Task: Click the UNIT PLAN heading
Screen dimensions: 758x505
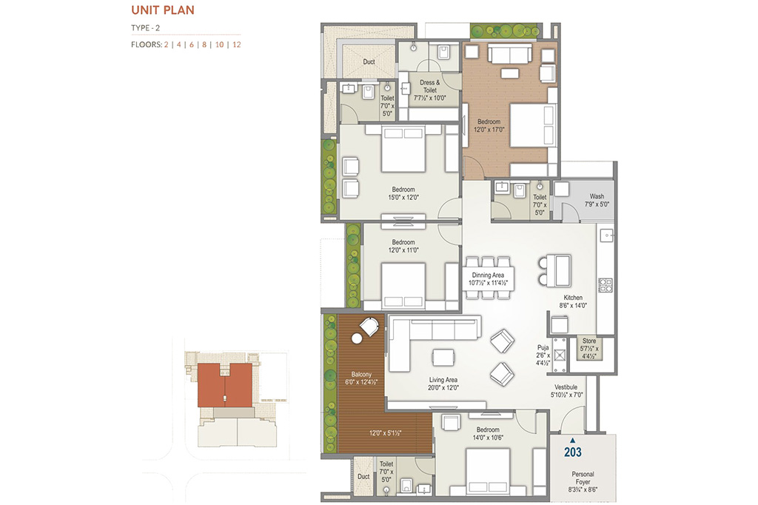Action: (163, 10)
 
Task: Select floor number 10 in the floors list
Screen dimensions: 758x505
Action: (219, 44)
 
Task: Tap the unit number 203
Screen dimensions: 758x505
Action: (573, 452)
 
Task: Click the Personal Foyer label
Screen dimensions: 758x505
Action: (583, 478)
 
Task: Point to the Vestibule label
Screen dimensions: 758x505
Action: (566, 387)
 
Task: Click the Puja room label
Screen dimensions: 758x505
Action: (543, 348)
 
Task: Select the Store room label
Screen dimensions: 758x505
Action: (588, 341)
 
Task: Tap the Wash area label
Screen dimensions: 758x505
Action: (597, 196)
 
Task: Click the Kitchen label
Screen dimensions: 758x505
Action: (573, 298)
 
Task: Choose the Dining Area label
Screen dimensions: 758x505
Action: (488, 275)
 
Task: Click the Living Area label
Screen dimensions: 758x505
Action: (443, 380)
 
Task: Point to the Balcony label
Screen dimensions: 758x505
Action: (361, 375)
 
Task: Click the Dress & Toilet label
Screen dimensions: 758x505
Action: (430, 86)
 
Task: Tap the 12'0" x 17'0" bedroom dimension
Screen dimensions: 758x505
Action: (489, 130)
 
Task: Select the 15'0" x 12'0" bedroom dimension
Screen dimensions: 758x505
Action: (403, 198)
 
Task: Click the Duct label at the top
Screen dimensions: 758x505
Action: (369, 61)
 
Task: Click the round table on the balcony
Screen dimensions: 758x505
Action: (357, 338)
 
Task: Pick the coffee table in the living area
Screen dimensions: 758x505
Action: (443, 358)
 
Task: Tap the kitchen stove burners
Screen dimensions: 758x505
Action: (606, 285)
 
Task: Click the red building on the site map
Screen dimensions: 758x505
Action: (225, 386)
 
